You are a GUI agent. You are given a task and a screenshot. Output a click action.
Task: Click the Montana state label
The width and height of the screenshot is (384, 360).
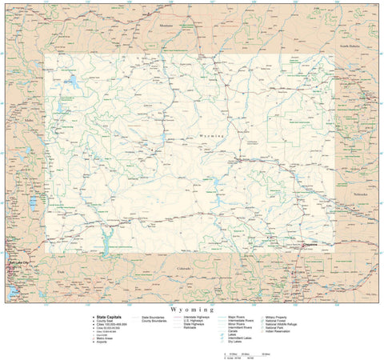click(x=166, y=26)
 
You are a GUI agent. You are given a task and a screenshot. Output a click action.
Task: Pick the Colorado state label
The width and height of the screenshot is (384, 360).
click(x=184, y=268)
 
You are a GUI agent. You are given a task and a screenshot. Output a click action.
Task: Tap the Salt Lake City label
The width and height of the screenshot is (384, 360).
click(x=18, y=263)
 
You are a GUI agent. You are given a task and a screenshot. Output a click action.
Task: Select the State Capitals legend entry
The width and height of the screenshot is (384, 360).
click(x=110, y=317)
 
